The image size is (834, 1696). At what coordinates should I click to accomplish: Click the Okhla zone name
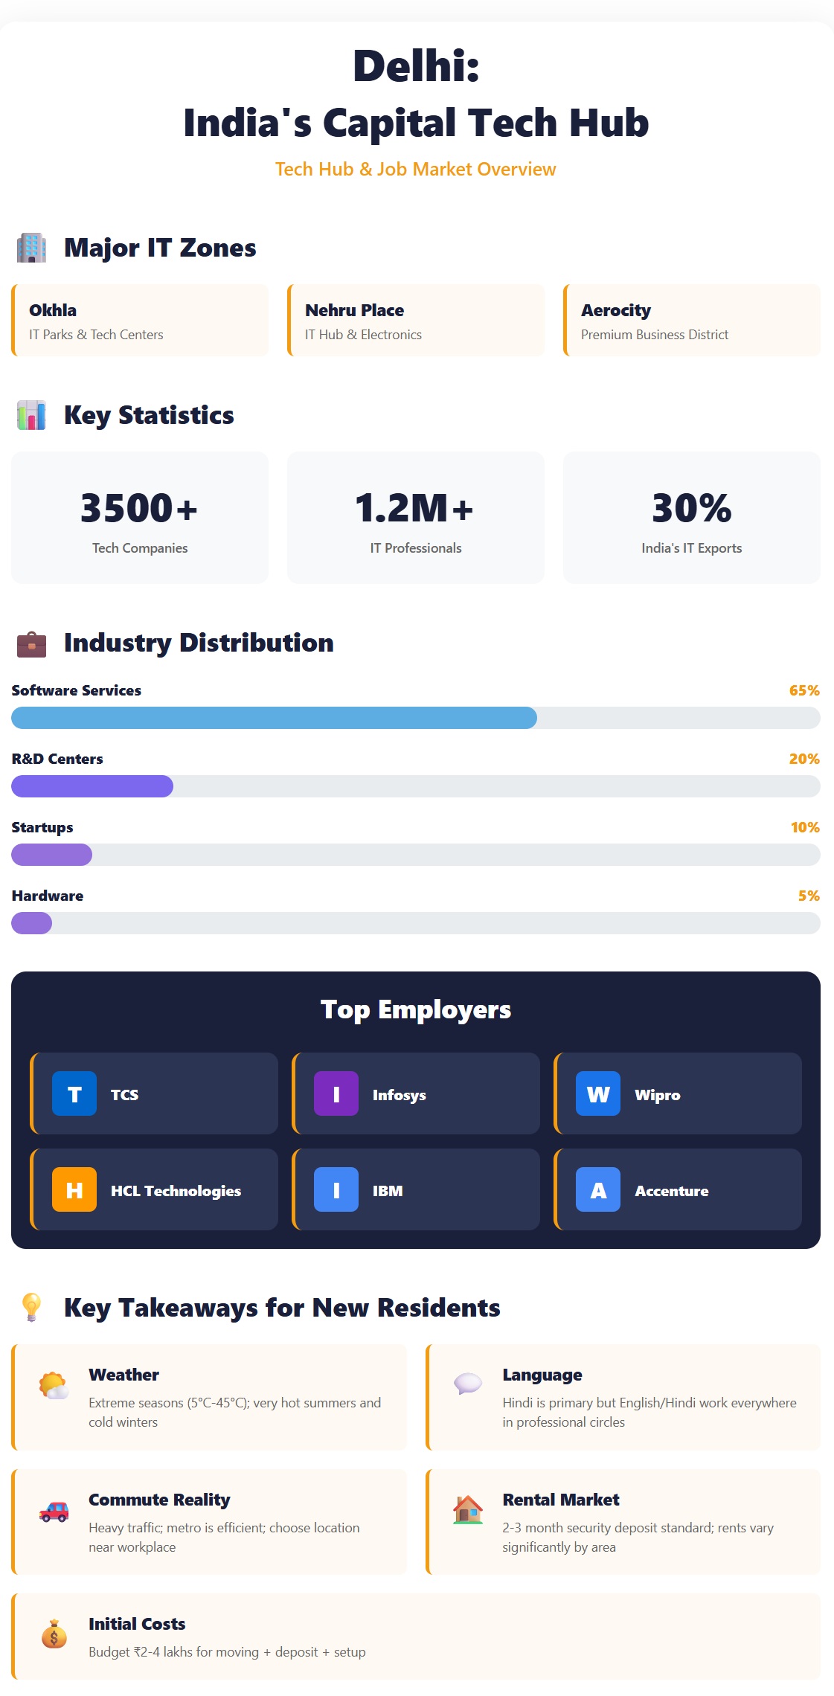(53, 310)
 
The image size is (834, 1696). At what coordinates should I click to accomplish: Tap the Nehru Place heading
(354, 310)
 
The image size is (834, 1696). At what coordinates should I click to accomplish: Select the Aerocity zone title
(615, 310)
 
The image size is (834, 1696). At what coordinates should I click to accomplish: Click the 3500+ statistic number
(139, 508)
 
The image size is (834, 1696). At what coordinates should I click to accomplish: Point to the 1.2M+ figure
(414, 508)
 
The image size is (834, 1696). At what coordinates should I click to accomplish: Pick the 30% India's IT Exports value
(691, 508)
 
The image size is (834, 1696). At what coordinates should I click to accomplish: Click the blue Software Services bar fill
(274, 718)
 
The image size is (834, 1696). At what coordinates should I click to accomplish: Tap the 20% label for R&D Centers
(803, 759)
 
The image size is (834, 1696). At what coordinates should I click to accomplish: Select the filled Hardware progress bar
(32, 923)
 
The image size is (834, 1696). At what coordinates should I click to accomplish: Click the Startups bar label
(42, 827)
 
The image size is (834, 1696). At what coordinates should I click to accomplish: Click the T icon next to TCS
(74, 1093)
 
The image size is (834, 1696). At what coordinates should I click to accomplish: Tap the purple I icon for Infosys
(336, 1093)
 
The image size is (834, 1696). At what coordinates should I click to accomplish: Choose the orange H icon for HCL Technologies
(74, 1189)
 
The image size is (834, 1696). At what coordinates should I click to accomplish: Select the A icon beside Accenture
(598, 1189)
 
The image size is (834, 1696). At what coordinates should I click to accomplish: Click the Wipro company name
(657, 1095)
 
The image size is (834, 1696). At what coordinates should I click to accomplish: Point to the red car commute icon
(54, 1512)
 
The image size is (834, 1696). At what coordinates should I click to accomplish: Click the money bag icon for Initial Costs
(54, 1635)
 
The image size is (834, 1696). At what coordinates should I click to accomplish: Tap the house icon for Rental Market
(468, 1510)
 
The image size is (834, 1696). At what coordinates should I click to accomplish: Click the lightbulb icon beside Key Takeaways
(31, 1307)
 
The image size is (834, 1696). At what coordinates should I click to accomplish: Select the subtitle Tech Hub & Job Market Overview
(415, 170)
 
